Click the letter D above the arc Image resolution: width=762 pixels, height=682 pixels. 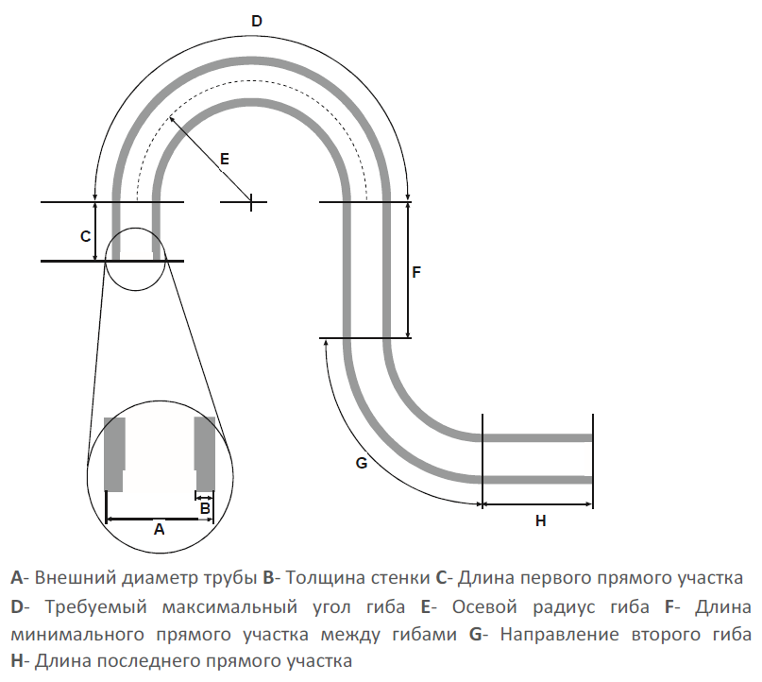[x=256, y=21]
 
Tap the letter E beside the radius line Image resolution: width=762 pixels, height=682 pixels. [x=224, y=159]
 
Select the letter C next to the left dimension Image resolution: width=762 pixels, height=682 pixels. [x=84, y=235]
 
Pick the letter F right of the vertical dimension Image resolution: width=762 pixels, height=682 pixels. [x=416, y=272]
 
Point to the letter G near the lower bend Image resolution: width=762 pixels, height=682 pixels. [x=361, y=463]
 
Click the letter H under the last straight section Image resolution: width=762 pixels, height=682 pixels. [x=540, y=520]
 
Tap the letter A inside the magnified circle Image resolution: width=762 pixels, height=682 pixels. [x=159, y=530]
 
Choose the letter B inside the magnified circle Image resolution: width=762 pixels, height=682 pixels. [x=205, y=507]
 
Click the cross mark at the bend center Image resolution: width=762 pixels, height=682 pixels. [x=250, y=201]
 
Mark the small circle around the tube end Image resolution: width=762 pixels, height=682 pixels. [x=136, y=261]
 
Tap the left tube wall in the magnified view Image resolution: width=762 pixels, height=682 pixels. [x=114, y=452]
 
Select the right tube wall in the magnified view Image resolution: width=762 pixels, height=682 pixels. [x=204, y=451]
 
